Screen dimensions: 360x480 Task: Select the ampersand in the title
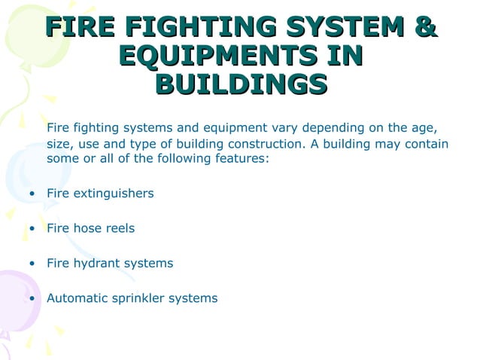click(426, 29)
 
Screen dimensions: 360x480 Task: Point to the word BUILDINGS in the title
click(240, 83)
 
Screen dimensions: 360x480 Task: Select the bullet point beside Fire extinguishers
click(31, 194)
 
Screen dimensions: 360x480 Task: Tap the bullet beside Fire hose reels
click(31, 229)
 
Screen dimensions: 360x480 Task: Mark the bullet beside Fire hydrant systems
click(31, 264)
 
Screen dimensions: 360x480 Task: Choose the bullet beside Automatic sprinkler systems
click(31, 298)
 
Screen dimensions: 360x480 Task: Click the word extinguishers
click(113, 194)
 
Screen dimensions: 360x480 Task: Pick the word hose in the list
click(88, 228)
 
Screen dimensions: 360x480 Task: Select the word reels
click(120, 228)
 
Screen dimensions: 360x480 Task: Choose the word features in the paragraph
click(242, 159)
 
